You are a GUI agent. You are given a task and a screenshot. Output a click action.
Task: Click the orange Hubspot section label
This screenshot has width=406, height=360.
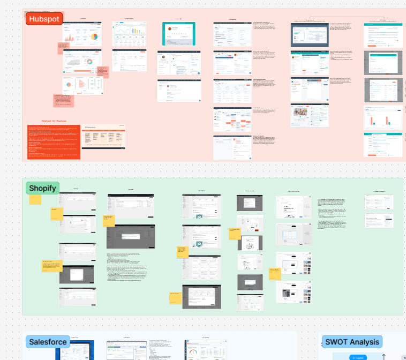pos(44,19)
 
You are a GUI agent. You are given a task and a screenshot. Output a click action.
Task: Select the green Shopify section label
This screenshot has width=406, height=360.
pos(42,188)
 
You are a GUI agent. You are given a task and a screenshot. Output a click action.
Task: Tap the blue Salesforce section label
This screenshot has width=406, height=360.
pos(48,342)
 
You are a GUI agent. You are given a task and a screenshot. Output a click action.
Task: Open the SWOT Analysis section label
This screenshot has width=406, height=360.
pos(352,342)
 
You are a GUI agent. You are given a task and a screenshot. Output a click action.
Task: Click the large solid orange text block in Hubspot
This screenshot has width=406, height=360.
pos(54,141)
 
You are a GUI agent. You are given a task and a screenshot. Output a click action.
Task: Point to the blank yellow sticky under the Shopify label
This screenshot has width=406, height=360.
pos(35,199)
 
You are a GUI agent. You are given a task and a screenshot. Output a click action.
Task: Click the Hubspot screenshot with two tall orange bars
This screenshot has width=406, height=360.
pos(383,117)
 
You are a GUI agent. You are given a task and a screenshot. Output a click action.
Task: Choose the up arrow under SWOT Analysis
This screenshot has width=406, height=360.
pos(384,356)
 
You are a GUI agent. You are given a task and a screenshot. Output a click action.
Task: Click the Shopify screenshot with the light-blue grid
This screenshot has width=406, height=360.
pos(293,234)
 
